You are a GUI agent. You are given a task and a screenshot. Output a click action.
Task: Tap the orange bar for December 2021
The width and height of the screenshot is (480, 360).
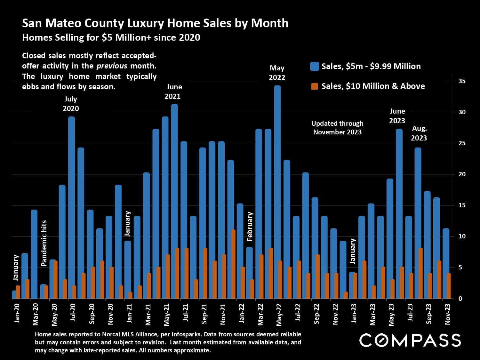pyautogui.click(x=233, y=264)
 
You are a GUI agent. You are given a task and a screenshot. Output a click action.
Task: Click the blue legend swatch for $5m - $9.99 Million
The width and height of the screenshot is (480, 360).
pyautogui.click(x=315, y=67)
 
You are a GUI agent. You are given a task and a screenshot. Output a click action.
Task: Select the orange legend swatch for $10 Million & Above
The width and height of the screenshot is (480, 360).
pyautogui.click(x=315, y=86)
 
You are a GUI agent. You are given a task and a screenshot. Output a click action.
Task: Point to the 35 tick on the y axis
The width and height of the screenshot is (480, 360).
pyautogui.click(x=462, y=81)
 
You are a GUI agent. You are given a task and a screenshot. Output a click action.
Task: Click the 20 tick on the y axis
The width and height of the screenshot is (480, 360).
pyautogui.click(x=462, y=174)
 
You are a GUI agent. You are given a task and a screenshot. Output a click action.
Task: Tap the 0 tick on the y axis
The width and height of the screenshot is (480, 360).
pyautogui.click(x=460, y=299)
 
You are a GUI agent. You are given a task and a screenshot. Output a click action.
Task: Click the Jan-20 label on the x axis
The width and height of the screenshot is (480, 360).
pyautogui.click(x=17, y=313)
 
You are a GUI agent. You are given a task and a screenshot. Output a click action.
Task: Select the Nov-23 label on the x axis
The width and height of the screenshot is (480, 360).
pyautogui.click(x=448, y=314)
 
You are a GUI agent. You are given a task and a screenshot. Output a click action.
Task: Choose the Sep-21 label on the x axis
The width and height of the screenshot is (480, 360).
pyautogui.click(x=204, y=314)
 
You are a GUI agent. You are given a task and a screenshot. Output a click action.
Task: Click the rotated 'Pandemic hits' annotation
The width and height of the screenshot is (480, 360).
pyautogui.click(x=44, y=243)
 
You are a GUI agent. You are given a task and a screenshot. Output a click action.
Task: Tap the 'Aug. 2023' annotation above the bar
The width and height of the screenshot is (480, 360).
pyautogui.click(x=419, y=133)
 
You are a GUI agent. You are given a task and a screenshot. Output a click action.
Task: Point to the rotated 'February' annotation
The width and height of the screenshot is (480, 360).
pyautogui.click(x=250, y=226)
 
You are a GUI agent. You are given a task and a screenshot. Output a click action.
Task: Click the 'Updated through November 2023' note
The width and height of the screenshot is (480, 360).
pyautogui.click(x=337, y=128)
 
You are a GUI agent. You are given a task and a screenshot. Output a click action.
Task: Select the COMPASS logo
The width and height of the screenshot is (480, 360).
pyautogui.click(x=410, y=340)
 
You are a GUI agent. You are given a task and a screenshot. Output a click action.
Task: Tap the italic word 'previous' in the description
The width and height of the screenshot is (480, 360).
pyautogui.click(x=112, y=66)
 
